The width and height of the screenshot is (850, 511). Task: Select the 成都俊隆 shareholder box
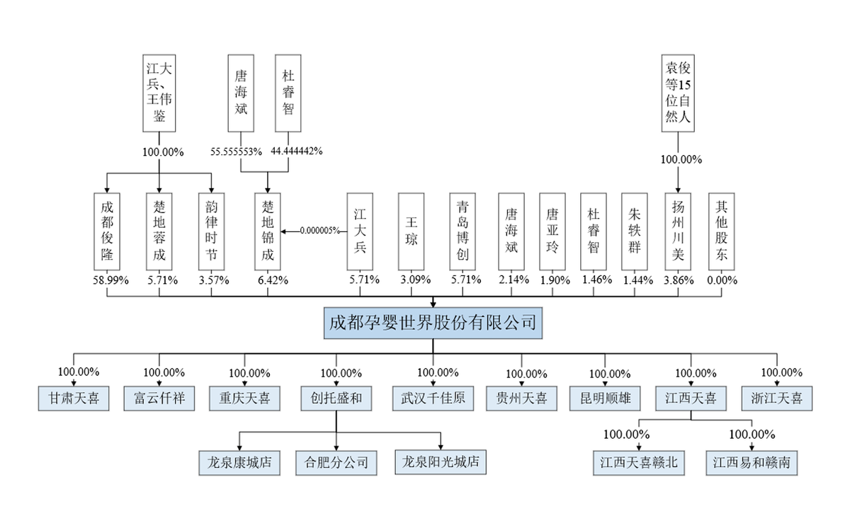point(107,231)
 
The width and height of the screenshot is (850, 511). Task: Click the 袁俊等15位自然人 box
point(678,93)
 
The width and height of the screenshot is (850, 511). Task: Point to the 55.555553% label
point(237,151)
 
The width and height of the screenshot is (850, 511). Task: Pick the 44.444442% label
point(297,151)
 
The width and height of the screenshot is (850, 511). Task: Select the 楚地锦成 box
point(268,231)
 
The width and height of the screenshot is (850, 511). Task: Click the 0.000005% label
point(319,231)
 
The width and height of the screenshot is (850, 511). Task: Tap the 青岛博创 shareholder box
point(464,231)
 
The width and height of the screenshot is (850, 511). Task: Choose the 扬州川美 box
point(679,231)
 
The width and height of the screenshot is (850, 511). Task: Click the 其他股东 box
point(722,231)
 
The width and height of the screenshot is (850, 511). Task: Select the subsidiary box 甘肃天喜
point(74,398)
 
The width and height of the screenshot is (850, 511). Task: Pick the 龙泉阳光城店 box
point(441,463)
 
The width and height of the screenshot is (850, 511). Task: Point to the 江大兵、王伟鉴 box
point(159,93)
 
